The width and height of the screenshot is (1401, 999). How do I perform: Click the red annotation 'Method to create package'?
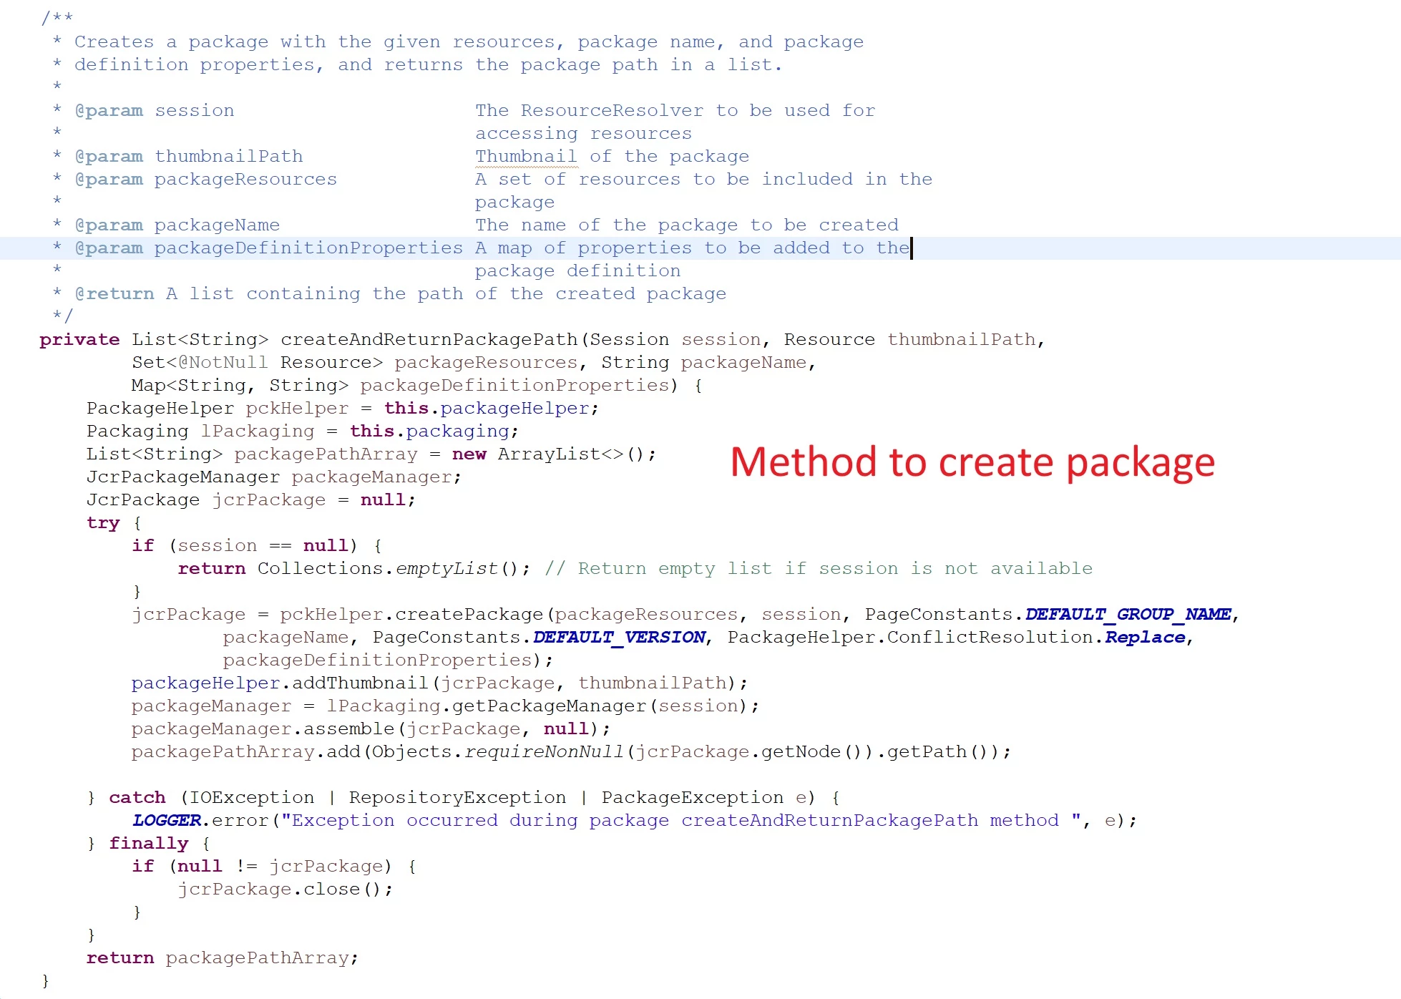pos(972,463)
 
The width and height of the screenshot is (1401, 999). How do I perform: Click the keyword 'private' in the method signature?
pos(79,340)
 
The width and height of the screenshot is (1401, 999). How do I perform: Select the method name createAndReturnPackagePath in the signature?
pos(429,339)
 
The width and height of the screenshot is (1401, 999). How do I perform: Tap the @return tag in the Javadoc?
pos(114,293)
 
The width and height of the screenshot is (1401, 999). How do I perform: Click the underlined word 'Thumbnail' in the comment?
pos(526,156)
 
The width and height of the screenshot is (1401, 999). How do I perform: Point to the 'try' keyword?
pos(103,523)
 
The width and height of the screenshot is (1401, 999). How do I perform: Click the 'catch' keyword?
pos(137,797)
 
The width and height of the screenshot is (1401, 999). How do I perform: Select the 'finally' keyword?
pos(149,843)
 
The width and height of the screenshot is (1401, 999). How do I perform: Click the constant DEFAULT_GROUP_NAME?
pos(1128,614)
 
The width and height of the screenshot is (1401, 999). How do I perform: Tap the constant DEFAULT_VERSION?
pos(619,637)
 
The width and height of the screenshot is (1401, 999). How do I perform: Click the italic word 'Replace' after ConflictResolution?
pos(1145,637)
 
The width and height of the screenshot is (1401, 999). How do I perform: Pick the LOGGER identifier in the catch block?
pos(166,820)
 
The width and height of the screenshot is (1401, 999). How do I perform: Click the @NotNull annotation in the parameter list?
pos(223,362)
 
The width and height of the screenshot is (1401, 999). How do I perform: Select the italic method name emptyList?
pos(446,568)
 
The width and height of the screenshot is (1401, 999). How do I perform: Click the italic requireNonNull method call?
pos(544,751)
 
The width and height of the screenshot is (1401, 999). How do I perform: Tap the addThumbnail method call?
pos(360,683)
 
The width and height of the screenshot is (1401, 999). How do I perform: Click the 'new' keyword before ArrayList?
pos(469,454)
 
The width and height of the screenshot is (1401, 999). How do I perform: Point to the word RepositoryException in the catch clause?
pos(457,797)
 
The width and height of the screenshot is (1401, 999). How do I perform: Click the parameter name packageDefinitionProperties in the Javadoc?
pos(308,248)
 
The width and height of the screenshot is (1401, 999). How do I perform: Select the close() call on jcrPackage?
pos(343,889)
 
